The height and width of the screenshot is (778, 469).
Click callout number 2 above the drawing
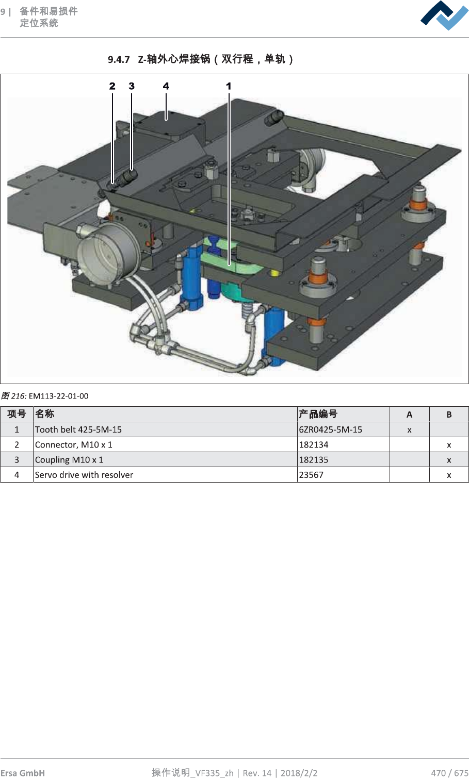112,86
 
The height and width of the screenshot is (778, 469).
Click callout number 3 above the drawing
132,86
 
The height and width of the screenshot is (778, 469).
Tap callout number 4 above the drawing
166,86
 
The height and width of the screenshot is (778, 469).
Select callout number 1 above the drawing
229,86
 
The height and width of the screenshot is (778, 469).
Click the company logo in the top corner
444,15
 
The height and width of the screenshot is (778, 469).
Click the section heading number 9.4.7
119,59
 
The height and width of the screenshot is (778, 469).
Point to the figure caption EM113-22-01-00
58,396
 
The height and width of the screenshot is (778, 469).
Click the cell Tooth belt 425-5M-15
78,429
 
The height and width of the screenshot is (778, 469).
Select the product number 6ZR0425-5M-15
330,429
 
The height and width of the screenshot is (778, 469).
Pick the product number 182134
314,444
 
